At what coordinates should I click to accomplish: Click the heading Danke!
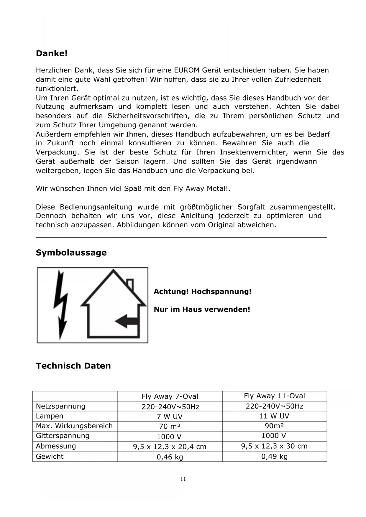[52, 54]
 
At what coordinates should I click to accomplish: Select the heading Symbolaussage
[71, 253]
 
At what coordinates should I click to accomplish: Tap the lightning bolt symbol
[61, 305]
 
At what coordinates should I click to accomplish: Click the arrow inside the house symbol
[127, 321]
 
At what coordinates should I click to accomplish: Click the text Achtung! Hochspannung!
[202, 292]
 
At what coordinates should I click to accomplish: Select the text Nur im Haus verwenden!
[202, 309]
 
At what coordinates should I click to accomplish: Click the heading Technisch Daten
[73, 366]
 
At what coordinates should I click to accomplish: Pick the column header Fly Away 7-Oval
[170, 396]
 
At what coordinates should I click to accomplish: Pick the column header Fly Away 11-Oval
[274, 396]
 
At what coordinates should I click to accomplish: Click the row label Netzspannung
[60, 406]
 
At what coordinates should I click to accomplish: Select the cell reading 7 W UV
[170, 416]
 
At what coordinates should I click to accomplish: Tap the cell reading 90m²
[274, 426]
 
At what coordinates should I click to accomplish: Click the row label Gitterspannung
[63, 436]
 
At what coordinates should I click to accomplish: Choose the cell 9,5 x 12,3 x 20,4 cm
[170, 447]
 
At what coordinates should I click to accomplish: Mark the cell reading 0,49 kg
[274, 457]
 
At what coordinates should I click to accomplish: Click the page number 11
[183, 479]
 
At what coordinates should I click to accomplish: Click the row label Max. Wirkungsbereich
[74, 426]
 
